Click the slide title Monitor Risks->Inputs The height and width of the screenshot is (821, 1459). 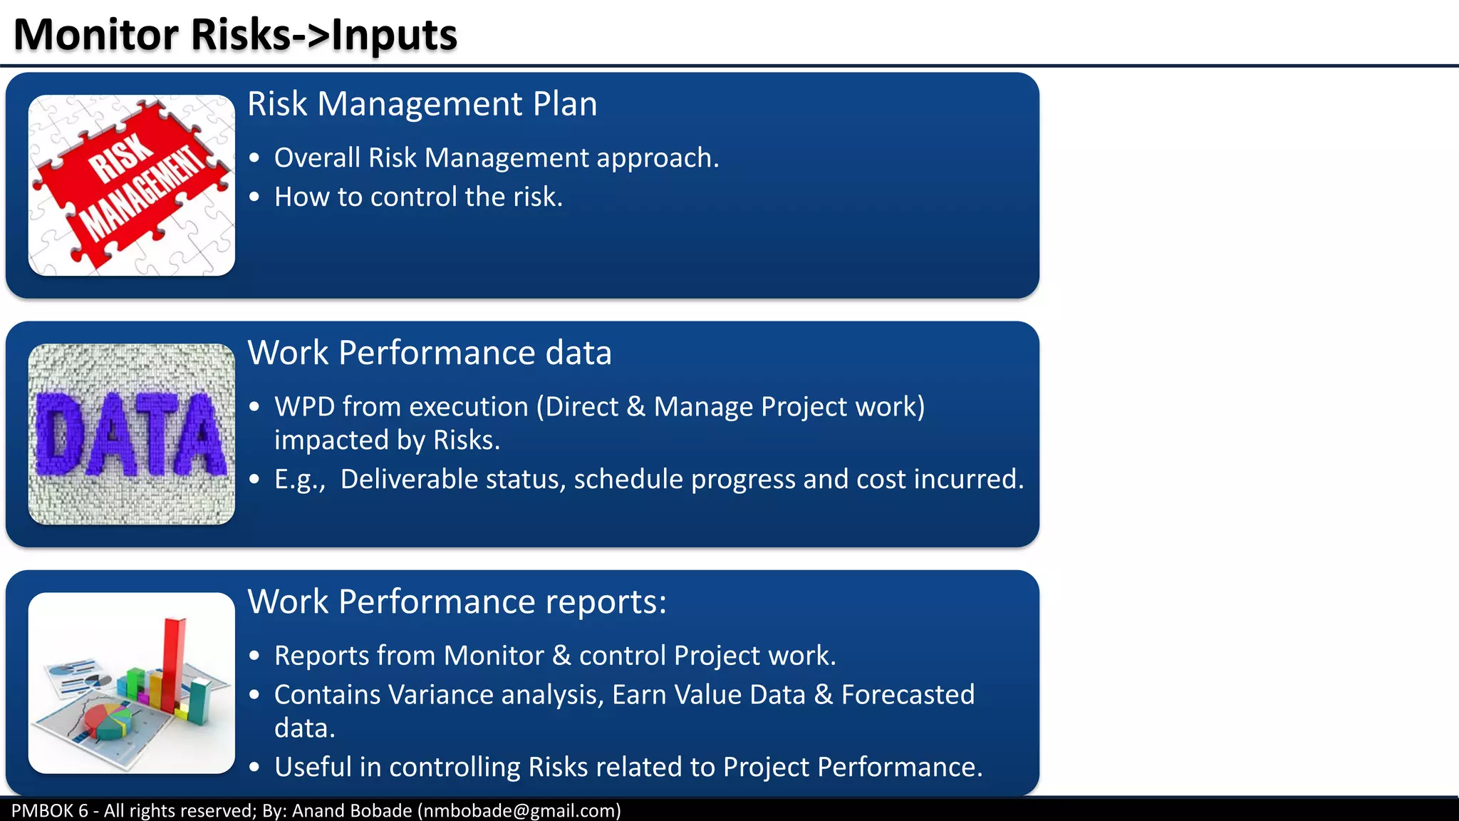tap(235, 34)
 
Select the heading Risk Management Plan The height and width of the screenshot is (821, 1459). tap(422, 104)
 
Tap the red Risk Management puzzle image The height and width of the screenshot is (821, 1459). tap(132, 185)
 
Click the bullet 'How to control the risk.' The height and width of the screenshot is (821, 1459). tap(418, 197)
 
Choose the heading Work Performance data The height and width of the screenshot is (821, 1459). tap(429, 353)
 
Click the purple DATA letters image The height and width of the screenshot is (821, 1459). tap(132, 435)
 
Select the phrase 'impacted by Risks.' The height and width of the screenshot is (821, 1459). tap(387, 440)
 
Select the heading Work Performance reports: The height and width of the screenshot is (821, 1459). tap(457, 601)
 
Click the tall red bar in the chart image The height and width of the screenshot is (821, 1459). tap(173, 663)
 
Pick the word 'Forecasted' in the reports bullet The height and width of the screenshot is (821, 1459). tap(908, 695)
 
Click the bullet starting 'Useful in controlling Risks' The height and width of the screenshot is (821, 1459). tap(628, 768)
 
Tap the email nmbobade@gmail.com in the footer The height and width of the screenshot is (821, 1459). tap(519, 811)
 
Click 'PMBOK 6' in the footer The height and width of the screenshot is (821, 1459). tap(49, 811)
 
